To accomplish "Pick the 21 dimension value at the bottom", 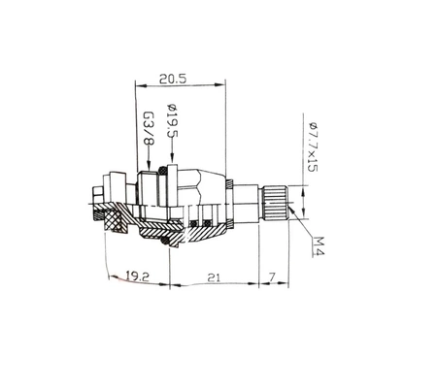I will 214,276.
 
